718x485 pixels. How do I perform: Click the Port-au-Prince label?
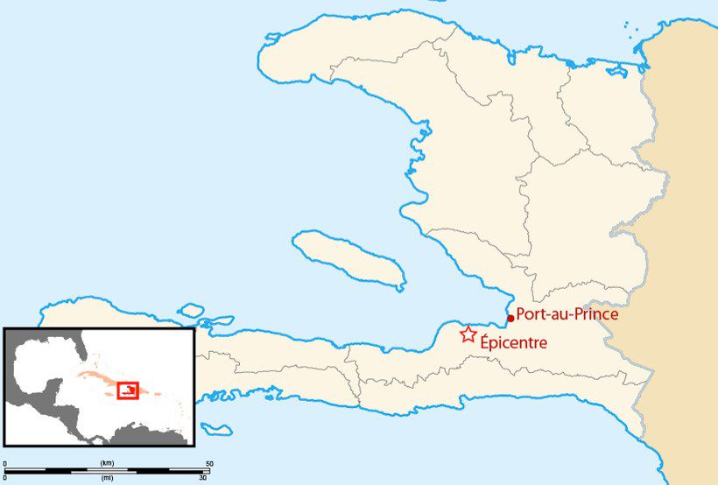pyautogui.click(x=567, y=314)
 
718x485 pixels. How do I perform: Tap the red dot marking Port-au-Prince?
pyautogui.click(x=510, y=319)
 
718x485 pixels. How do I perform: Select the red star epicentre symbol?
pyautogui.click(x=468, y=334)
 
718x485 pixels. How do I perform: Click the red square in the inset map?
pyautogui.click(x=128, y=390)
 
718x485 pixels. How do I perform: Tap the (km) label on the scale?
pyautogui.click(x=107, y=462)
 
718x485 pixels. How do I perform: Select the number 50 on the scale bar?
pyautogui.click(x=208, y=462)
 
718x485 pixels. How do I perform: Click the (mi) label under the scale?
pyautogui.click(x=107, y=478)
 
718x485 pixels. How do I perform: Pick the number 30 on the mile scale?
pyautogui.click(x=202, y=478)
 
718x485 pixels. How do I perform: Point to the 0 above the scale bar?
pyautogui.click(x=5, y=462)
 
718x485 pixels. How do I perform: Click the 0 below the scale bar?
pyautogui.click(x=5, y=478)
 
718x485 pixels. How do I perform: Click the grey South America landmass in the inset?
pyautogui.click(x=144, y=433)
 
